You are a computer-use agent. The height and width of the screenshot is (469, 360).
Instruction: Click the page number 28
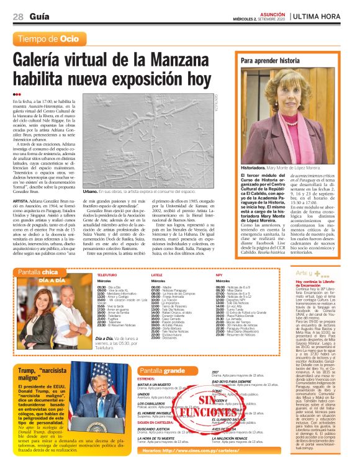pos(17,16)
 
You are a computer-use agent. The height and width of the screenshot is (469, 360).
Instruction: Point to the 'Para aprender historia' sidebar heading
pos(269,61)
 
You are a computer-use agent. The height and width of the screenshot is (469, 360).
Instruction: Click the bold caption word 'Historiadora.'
pos(255,167)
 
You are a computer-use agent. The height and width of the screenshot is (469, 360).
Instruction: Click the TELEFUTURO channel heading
pos(107,274)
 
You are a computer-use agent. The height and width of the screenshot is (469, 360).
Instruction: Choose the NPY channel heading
pos(218,274)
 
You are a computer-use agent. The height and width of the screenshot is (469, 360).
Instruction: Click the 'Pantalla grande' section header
pos(162,370)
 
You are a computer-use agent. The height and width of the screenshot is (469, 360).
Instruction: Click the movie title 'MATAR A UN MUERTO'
pos(154,385)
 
